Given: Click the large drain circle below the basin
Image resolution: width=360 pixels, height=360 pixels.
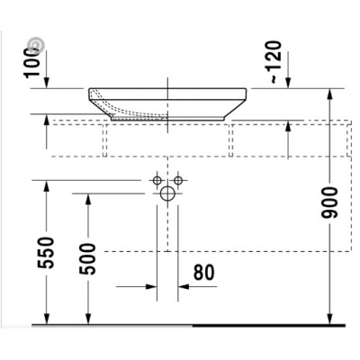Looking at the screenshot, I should click(x=167, y=193).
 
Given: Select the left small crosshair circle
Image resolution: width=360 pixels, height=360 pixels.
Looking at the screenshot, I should click(x=157, y=179).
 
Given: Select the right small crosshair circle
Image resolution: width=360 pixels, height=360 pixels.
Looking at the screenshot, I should click(x=178, y=179).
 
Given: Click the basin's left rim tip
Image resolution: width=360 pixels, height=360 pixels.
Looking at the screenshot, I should click(x=89, y=91).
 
